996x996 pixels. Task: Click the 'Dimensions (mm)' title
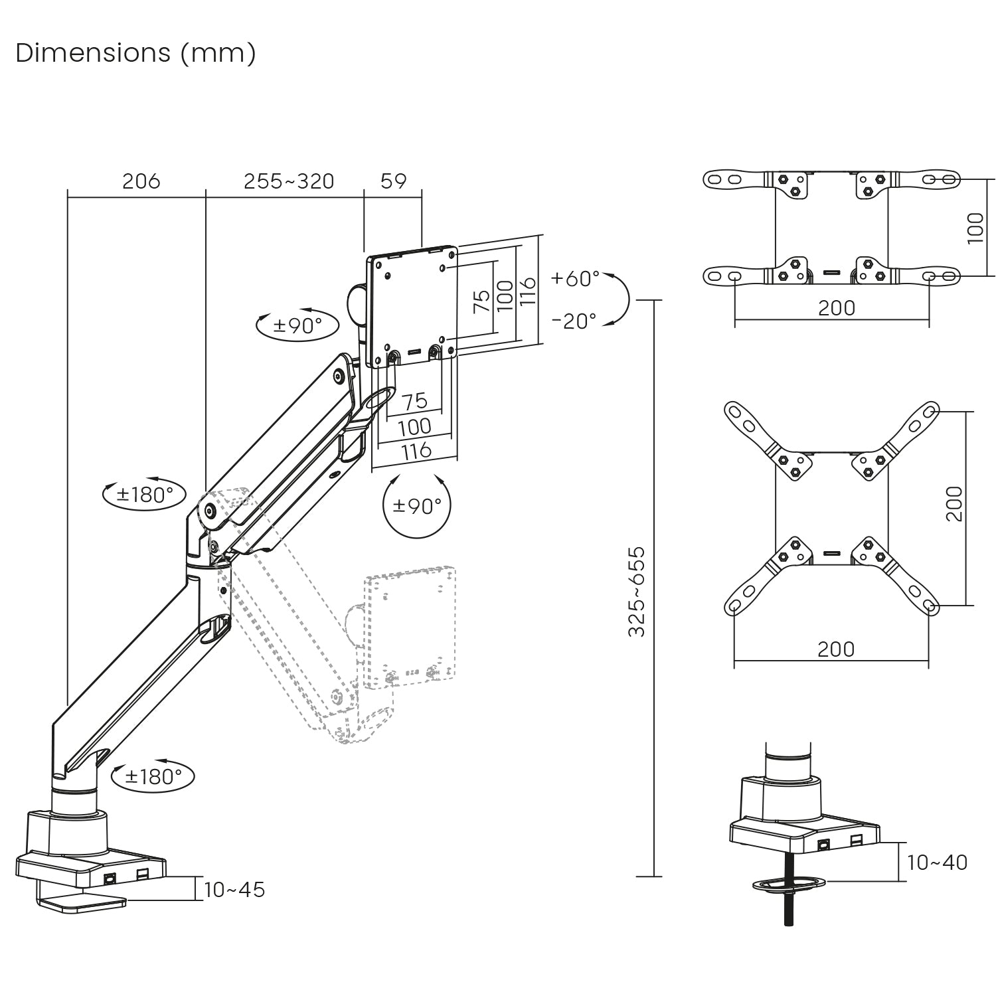(x=135, y=53)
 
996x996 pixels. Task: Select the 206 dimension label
(x=141, y=181)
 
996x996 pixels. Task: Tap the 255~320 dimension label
(x=289, y=181)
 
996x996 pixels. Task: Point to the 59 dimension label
(x=394, y=181)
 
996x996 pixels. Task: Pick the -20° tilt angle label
(x=574, y=321)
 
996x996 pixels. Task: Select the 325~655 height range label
(x=637, y=591)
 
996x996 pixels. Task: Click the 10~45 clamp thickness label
(x=234, y=890)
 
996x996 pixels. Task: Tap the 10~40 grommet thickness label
(x=937, y=863)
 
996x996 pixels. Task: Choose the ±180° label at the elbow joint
(x=145, y=494)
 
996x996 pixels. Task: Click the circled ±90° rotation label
(x=417, y=506)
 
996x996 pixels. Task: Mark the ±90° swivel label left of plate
(x=297, y=325)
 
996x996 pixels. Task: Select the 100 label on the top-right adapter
(x=975, y=228)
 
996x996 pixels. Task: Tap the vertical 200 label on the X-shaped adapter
(x=954, y=503)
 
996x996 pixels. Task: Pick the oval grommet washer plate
(x=789, y=884)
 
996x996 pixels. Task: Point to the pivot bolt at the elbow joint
(x=210, y=511)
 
